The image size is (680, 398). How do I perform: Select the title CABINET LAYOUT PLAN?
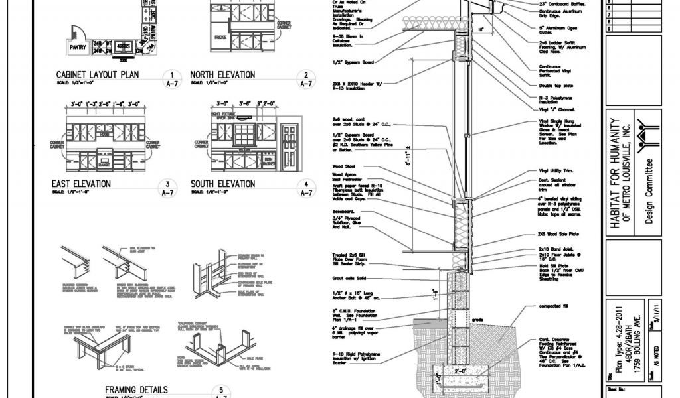(98, 75)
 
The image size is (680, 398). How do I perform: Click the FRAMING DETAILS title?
(136, 389)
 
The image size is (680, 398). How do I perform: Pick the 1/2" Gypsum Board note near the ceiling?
(353, 62)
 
